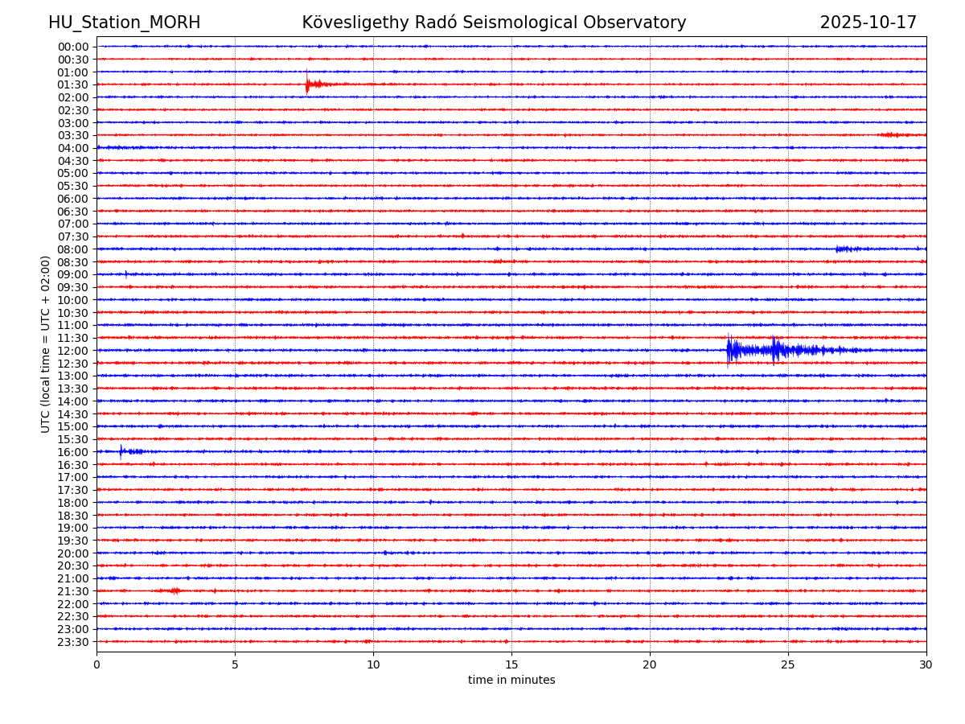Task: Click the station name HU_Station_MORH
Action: (124, 23)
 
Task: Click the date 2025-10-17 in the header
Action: (868, 23)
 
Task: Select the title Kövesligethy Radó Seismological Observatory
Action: (494, 23)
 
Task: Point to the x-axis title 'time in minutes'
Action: (511, 681)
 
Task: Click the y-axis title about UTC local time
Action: (46, 343)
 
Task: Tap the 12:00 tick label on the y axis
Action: (72, 351)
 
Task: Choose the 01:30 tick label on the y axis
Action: (72, 84)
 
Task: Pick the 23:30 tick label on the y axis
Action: (72, 642)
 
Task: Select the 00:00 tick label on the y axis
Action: (72, 47)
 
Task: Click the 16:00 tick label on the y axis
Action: (72, 452)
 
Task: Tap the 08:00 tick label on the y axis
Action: (72, 249)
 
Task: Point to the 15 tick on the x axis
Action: (511, 664)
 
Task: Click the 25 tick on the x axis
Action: (788, 664)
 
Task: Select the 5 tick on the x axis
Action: (235, 664)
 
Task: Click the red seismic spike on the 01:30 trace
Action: (309, 84)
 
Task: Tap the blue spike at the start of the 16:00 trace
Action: (122, 451)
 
